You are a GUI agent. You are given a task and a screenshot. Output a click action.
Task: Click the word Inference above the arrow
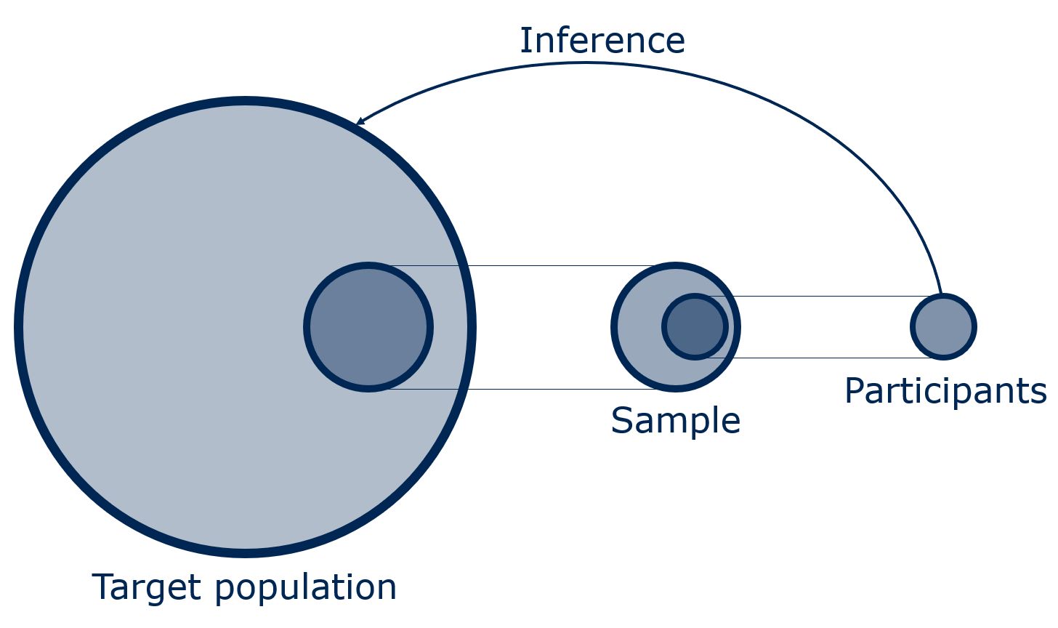(602, 41)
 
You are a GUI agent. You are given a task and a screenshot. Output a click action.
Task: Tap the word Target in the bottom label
(146, 587)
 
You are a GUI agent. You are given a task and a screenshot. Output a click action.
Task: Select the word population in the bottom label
(306, 588)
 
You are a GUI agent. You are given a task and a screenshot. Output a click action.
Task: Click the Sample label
(675, 420)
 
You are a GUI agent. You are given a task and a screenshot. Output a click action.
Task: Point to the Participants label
(945, 391)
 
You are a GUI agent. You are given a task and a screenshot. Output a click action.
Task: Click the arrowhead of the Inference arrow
(359, 122)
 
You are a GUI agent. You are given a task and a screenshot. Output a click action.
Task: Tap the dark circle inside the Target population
(368, 327)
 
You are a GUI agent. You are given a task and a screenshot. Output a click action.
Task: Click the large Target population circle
(182, 327)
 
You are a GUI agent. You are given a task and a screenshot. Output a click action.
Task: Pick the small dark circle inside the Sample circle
(695, 326)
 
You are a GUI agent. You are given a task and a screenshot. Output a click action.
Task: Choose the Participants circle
(943, 326)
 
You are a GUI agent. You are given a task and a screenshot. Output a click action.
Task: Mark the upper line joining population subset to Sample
(552, 266)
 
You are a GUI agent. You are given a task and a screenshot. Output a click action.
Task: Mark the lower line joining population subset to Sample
(552, 389)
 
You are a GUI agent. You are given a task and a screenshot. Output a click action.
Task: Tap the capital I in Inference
(525, 41)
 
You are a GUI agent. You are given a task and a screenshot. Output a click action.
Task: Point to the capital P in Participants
(855, 391)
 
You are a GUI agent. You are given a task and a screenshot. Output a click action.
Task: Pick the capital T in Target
(104, 587)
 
